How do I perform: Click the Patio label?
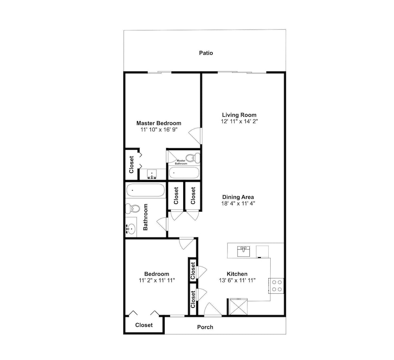[206, 53]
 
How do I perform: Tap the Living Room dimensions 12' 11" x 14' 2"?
[239, 121]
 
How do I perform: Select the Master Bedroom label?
[158, 123]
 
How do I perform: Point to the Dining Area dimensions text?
[238, 203]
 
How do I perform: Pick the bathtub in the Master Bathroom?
[184, 172]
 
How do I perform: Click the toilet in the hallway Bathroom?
[133, 209]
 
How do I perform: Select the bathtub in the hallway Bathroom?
[145, 190]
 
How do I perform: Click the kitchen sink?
[243, 252]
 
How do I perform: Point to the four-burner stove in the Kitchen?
[276, 286]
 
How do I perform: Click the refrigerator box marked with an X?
[238, 307]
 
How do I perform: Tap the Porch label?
[205, 327]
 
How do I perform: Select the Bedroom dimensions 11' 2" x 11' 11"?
[157, 280]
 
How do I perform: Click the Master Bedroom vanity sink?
[152, 174]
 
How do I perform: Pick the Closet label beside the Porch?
[144, 325]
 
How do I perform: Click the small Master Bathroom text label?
[181, 162]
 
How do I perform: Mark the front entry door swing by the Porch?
[213, 309]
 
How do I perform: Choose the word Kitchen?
[237, 274]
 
